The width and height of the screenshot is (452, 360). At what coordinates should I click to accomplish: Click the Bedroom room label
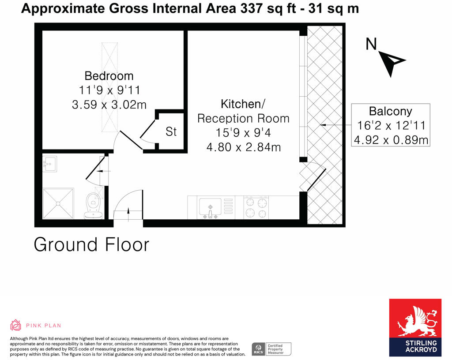pos(109,75)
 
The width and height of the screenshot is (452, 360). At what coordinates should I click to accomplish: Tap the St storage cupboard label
pos(171,131)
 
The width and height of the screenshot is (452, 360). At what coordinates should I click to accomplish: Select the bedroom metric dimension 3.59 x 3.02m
pos(109,105)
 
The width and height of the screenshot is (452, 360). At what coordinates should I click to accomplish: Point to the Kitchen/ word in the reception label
pos(243,104)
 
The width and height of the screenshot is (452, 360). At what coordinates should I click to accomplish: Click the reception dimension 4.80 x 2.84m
pos(243,146)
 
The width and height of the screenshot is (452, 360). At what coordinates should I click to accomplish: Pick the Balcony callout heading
pos(390,111)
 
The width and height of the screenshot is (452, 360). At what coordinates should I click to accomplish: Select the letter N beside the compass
pos(372,44)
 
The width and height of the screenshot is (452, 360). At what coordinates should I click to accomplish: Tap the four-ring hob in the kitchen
pos(256,208)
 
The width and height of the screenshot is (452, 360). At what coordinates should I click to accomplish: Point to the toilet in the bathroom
pos(93,206)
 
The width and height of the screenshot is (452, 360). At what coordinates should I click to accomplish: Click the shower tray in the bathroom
pos(58,203)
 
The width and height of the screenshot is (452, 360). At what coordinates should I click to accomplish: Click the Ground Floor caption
pos(91,244)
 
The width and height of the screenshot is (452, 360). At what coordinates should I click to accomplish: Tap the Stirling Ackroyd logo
pos(415,327)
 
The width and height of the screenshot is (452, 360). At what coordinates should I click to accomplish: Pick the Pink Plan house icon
pos(16,325)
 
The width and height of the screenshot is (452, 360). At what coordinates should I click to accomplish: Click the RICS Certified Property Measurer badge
pos(271,349)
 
